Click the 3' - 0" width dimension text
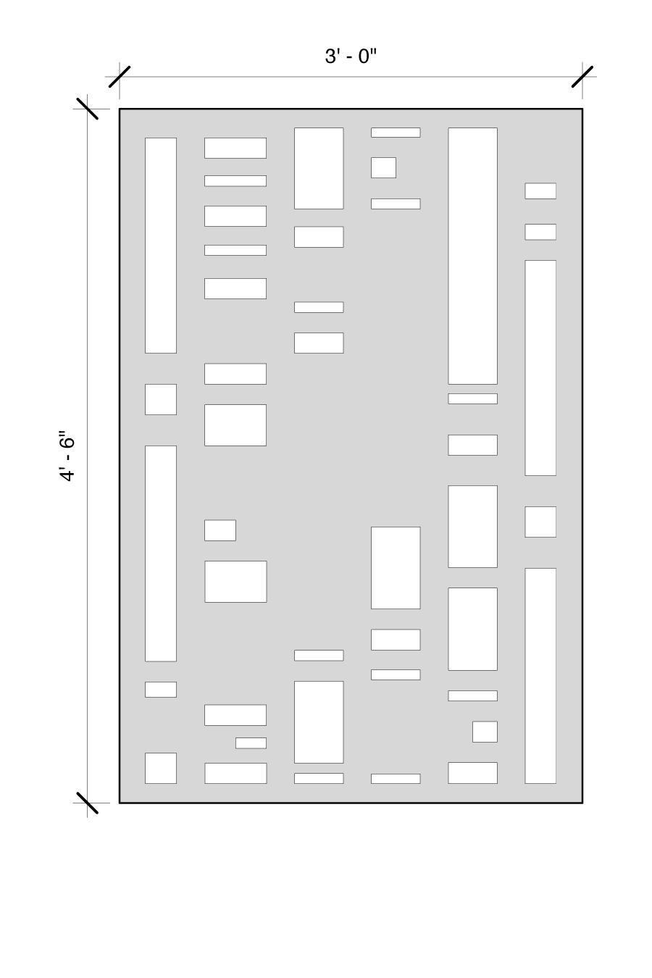point(350,57)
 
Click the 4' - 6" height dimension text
point(67,456)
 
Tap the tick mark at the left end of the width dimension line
point(120,77)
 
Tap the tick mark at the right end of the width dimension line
point(582,77)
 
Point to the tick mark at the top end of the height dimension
point(87,108)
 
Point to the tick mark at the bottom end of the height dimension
point(87,803)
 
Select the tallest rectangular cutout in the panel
point(472,256)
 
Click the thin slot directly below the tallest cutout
point(472,398)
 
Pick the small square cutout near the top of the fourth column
point(383,167)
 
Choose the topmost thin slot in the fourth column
point(396,133)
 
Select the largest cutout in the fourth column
point(396,567)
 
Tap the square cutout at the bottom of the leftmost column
point(161,768)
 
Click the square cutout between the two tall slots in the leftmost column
point(161,399)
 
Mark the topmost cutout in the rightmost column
point(540,191)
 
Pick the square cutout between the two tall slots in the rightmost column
point(540,522)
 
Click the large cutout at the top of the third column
point(319,168)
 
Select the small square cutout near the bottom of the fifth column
point(485,732)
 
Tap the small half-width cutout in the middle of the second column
point(220,530)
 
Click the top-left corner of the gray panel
point(120,109)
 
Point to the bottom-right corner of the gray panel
point(582,803)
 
